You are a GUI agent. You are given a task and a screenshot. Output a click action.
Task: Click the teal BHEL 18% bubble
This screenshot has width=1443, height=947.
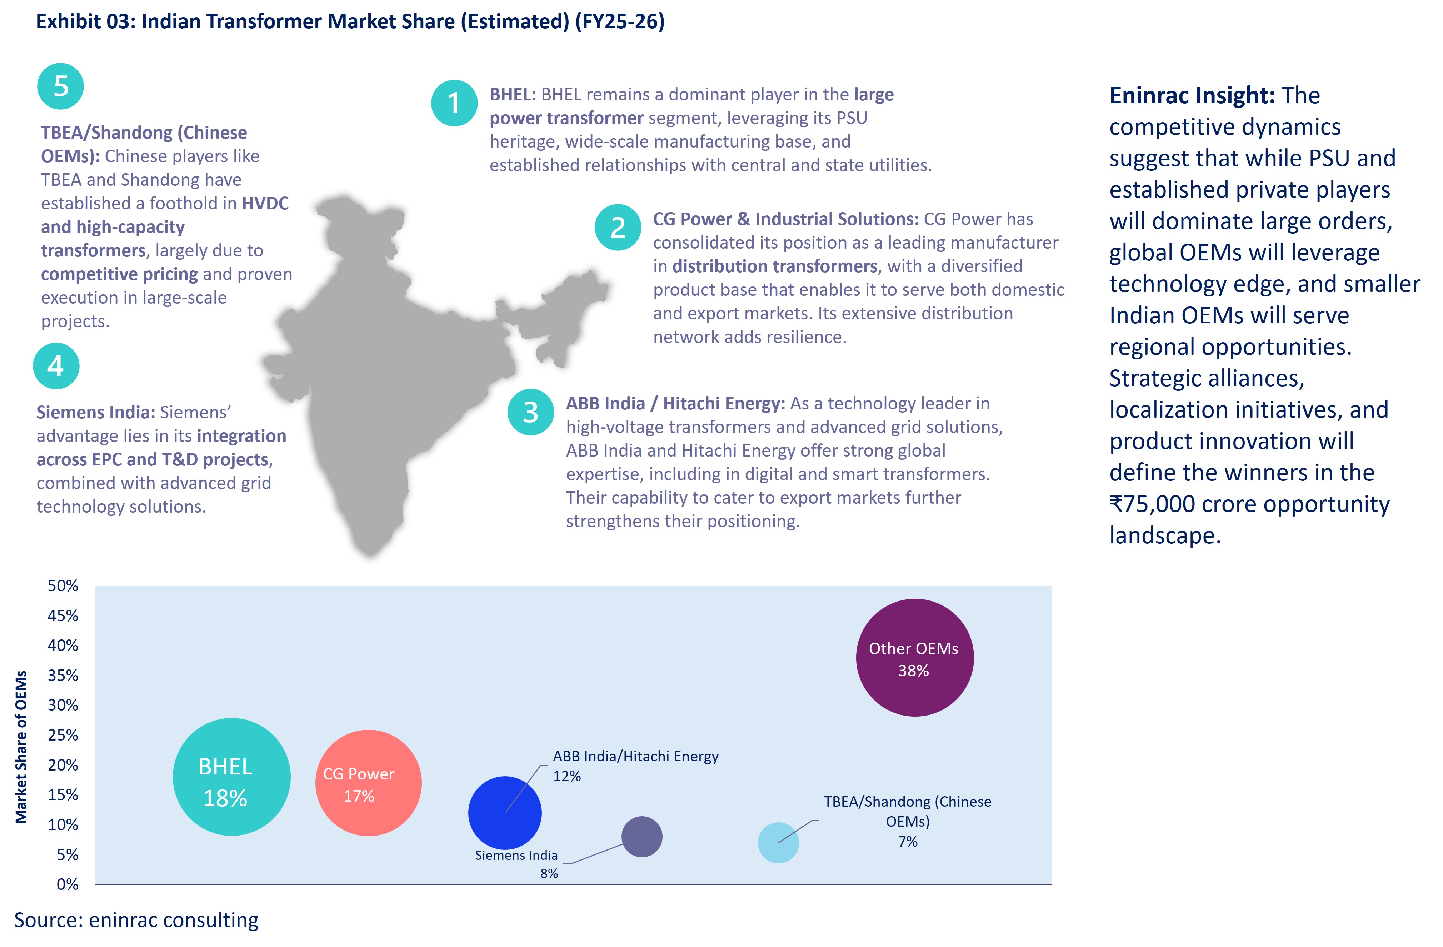tap(231, 777)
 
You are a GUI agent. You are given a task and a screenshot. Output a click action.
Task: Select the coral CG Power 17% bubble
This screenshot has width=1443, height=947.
tap(368, 783)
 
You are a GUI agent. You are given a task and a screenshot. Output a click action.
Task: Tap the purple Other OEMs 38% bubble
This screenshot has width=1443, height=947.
tap(914, 658)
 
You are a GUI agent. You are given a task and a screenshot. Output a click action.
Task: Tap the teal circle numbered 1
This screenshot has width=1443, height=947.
tap(454, 103)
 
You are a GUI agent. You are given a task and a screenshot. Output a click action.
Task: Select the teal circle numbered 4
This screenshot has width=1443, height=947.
tap(56, 365)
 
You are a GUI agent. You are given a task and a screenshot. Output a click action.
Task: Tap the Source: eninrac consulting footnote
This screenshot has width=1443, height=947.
tap(136, 920)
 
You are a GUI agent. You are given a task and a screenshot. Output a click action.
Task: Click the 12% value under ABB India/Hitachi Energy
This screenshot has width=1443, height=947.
tap(566, 776)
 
